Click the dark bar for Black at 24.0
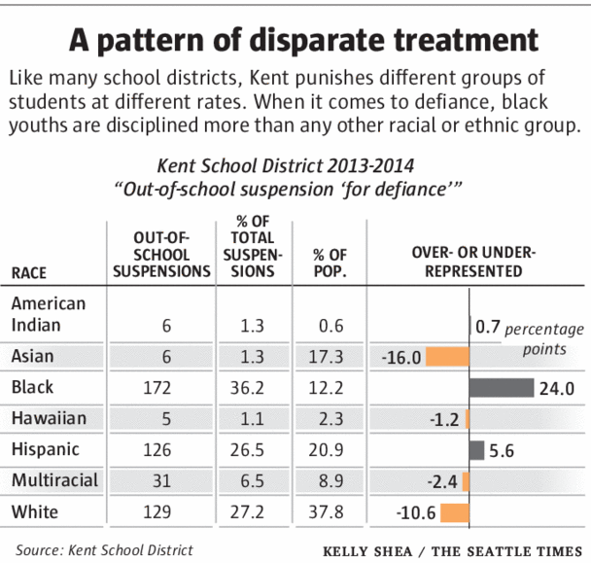click(x=501, y=388)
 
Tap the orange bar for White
click(x=455, y=512)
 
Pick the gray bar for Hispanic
click(x=476, y=450)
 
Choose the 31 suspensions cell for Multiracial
click(x=162, y=482)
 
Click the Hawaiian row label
click(x=49, y=419)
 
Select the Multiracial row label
click(x=55, y=481)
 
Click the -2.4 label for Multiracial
click(x=445, y=482)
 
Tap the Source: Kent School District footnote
click(x=104, y=549)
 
